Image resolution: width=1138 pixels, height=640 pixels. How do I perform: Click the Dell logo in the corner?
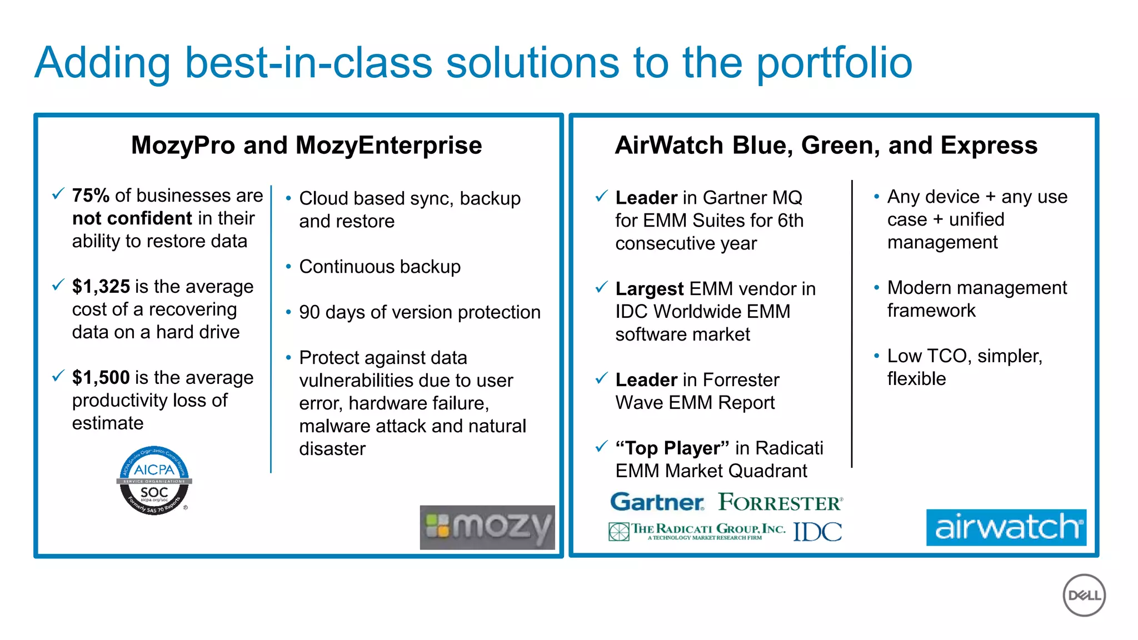(x=1084, y=595)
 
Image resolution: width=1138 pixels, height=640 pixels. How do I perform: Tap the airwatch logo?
(x=1006, y=527)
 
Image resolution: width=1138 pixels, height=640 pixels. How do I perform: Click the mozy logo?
(x=487, y=527)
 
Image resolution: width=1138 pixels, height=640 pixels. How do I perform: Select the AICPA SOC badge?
(x=154, y=481)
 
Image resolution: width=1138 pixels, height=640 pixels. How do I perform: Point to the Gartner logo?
(x=657, y=502)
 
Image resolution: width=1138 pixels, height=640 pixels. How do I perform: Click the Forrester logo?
(x=780, y=502)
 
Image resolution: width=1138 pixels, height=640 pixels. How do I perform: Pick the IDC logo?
(x=817, y=532)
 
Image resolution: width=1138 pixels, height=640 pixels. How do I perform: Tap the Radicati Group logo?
(x=698, y=531)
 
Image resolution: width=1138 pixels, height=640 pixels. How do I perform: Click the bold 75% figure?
(x=91, y=196)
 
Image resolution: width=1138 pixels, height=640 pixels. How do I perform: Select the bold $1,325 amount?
(x=101, y=287)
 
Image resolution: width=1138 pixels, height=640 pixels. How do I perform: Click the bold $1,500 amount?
(x=101, y=378)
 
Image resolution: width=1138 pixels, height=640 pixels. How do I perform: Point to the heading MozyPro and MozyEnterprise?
(x=306, y=146)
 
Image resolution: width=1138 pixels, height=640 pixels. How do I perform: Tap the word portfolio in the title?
(x=834, y=63)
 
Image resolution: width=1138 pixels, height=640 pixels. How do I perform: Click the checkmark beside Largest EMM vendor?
(x=601, y=287)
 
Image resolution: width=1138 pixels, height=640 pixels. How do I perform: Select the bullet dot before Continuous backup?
(x=288, y=267)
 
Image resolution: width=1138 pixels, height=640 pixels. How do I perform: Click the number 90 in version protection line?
(x=309, y=312)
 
